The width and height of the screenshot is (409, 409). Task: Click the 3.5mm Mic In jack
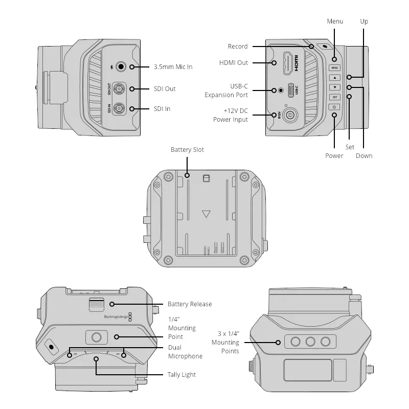click(121, 66)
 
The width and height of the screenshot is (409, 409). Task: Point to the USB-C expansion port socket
click(291, 90)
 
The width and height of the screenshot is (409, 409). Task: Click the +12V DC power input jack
click(290, 115)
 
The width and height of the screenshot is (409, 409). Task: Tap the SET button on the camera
click(334, 97)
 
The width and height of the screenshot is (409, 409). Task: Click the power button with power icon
click(334, 107)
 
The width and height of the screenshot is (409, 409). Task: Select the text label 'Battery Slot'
click(188, 150)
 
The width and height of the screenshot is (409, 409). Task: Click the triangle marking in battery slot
click(206, 214)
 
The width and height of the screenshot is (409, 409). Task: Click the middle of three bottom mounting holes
click(310, 342)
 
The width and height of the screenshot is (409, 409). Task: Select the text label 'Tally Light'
click(181, 375)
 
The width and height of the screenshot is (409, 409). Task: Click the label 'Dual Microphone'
click(185, 352)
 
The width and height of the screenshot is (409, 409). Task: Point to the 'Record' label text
click(238, 47)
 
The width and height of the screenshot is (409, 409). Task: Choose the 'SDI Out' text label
click(165, 89)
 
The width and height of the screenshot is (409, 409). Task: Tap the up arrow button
click(334, 78)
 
